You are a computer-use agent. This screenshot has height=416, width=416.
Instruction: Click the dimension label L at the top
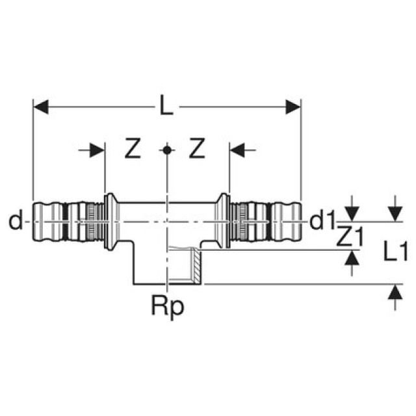(x=167, y=105)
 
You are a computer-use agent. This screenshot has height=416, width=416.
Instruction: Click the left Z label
(x=133, y=150)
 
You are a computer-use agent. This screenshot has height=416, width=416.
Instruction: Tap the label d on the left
(x=15, y=222)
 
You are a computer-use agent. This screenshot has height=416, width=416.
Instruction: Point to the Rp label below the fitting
(x=168, y=305)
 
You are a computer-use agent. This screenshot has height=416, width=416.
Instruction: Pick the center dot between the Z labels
(x=167, y=150)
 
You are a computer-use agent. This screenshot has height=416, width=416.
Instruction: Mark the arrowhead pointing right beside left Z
(x=98, y=150)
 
